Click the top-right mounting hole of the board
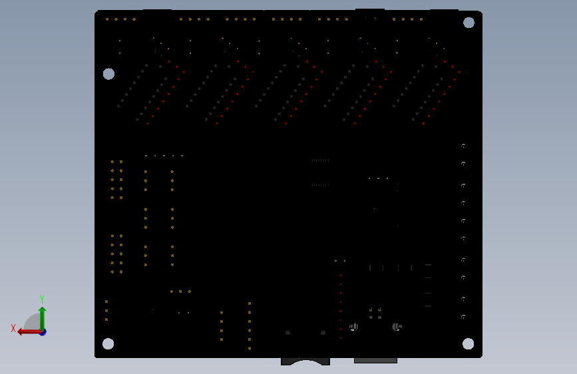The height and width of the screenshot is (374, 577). point(469,23)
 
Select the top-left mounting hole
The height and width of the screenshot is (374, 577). point(108,74)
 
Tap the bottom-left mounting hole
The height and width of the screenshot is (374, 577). point(108,344)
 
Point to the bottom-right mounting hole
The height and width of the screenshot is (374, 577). point(468,343)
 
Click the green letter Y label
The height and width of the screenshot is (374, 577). point(41,299)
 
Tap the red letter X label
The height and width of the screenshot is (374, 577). point(13,328)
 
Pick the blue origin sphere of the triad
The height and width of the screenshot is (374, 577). point(43,331)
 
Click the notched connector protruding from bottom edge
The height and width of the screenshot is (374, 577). point(305,361)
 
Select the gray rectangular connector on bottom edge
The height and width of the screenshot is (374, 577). point(375,361)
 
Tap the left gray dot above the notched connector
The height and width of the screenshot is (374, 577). point(288,333)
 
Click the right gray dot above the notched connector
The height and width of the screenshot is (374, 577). point(323,333)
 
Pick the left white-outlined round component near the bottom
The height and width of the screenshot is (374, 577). point(354,326)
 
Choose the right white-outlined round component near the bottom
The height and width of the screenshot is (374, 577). point(397,326)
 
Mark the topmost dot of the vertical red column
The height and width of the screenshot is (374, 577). point(341,275)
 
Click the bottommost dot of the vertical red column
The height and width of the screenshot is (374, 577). point(341,338)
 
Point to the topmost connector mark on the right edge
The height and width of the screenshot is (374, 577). point(463,146)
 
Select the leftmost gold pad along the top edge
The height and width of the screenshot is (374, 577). point(106,19)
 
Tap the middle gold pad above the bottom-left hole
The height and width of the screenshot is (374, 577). point(106,310)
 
